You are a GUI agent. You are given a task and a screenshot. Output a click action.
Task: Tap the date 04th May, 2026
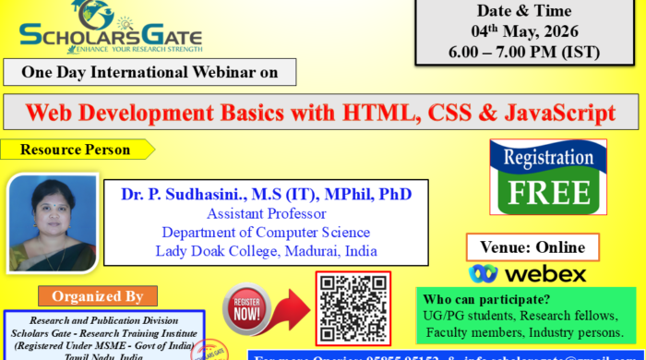(527, 32)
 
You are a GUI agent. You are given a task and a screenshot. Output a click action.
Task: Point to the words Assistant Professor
(266, 214)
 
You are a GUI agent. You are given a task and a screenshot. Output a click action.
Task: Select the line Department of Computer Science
(266, 233)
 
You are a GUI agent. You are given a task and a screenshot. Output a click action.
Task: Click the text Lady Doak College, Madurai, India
(266, 251)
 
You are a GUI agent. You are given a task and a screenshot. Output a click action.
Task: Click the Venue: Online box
(533, 247)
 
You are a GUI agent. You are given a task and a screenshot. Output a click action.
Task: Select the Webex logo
(527, 274)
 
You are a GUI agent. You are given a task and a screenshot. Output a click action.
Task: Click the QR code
(353, 308)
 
